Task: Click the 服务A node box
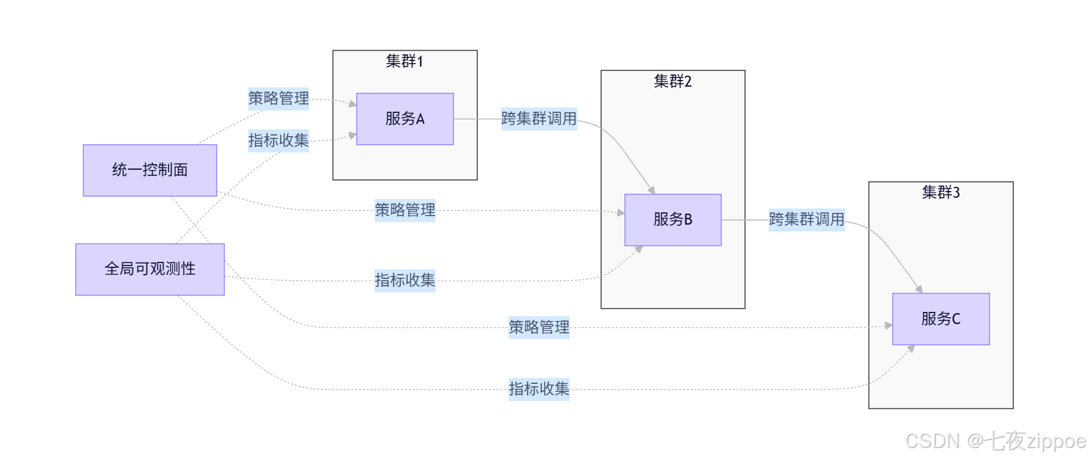(405, 119)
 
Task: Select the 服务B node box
(673, 220)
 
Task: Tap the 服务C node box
(941, 319)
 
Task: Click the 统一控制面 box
(150, 170)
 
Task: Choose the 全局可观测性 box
(150, 269)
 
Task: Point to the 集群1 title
(404, 62)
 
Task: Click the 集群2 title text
(673, 82)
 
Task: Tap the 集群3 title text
(941, 193)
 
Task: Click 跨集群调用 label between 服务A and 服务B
(538, 118)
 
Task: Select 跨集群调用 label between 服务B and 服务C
(806, 219)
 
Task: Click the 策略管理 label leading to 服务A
(278, 98)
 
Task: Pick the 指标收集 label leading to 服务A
(278, 140)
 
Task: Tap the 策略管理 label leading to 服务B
(405, 210)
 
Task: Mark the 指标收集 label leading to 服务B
(405, 280)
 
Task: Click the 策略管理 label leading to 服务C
(538, 327)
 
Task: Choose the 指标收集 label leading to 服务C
(538, 389)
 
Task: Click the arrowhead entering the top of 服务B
(652, 190)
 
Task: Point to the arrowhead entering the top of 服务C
(919, 290)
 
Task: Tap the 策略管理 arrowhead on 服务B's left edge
(621, 213)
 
